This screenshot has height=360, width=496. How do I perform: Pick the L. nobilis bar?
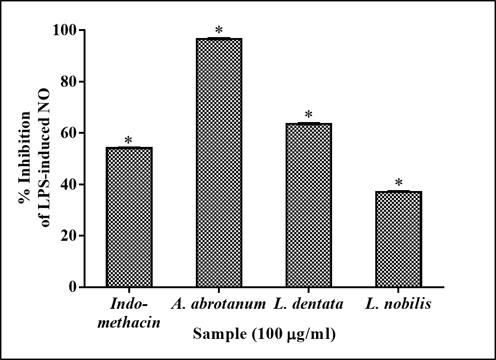pos(398,239)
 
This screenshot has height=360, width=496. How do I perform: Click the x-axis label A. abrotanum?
pos(219,304)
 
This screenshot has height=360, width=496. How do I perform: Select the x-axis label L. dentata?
pos(309,304)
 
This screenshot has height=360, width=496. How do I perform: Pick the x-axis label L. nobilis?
pos(398,304)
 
